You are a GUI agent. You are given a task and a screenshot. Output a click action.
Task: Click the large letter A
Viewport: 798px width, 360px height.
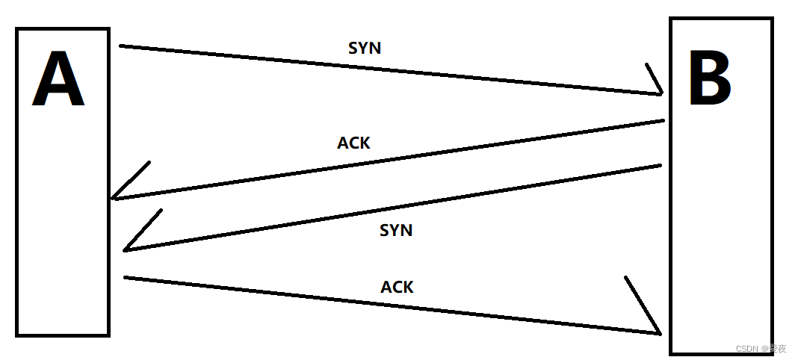click(58, 81)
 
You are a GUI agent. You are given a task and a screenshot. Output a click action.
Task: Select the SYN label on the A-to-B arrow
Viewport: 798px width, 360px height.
click(365, 49)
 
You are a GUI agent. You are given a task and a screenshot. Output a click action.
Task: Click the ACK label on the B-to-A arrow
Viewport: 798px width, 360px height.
click(353, 143)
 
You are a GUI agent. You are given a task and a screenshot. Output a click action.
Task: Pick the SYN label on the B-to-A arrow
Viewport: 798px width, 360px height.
click(396, 230)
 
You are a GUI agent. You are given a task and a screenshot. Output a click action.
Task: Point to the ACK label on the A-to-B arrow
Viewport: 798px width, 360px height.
click(397, 287)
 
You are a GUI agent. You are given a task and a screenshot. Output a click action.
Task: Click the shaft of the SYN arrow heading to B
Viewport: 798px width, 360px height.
click(389, 69)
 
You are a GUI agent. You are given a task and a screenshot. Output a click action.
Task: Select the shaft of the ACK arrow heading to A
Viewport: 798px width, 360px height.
click(389, 160)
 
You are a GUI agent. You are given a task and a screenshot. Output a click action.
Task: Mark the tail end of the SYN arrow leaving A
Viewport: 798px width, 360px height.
click(122, 46)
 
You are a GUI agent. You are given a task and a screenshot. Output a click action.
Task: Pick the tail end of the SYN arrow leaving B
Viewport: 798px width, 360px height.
click(660, 165)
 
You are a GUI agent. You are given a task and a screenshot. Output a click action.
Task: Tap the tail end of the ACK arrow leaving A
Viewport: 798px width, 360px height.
click(126, 278)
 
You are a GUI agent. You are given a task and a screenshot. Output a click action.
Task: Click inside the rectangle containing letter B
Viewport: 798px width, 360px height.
click(720, 224)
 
